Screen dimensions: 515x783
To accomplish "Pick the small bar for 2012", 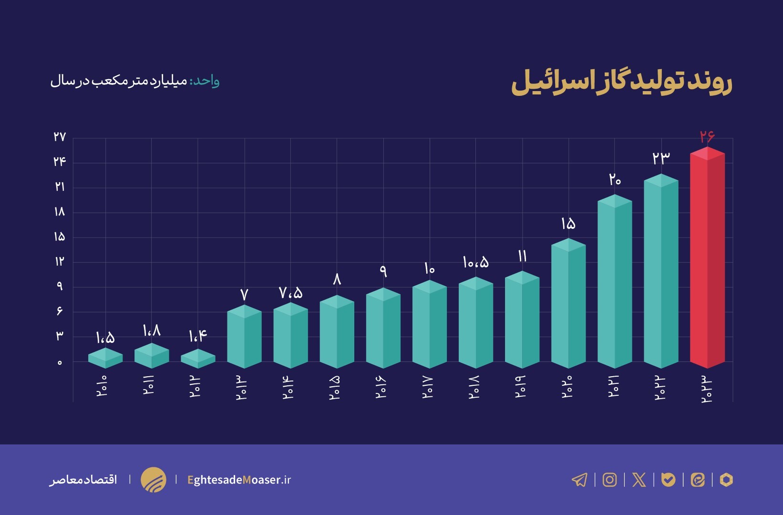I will (198, 359).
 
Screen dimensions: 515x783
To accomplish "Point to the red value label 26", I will (707, 137).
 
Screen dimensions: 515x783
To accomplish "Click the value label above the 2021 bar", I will (615, 180).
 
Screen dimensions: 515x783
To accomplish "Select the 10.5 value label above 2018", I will (475, 262).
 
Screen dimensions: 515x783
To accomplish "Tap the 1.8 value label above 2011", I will (152, 330).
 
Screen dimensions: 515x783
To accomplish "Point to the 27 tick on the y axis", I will (60, 137).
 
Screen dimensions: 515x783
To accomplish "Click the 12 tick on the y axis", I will (60, 261).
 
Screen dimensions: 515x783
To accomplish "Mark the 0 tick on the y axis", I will (60, 362).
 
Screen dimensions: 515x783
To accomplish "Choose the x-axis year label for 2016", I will (381, 387).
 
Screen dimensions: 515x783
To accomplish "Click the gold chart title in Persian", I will (621, 82).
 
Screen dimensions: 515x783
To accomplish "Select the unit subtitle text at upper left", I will (135, 81).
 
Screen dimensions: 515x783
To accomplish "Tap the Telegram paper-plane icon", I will (579, 480).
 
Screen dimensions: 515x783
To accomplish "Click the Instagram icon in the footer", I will (609, 480).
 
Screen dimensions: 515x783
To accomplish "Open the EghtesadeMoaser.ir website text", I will (239, 480).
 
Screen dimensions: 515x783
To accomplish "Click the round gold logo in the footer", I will (154, 480).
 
